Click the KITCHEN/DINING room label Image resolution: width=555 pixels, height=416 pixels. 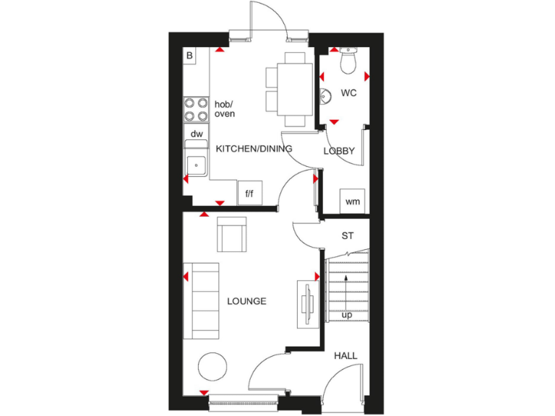pos(254,149)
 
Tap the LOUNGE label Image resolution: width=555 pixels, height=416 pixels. pos(246,301)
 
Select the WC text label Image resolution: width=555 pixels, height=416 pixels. pos(349,93)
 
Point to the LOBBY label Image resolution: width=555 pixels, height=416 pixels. pos(339,151)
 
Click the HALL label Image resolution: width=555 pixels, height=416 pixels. pos(345,356)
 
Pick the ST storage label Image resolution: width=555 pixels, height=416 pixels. pos(348,236)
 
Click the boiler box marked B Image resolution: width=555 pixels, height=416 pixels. pos(190,56)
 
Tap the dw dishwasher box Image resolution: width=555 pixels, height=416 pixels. pos(196,134)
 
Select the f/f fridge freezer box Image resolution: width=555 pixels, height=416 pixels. pos(249,193)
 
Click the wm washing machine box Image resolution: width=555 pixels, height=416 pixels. pos(352,201)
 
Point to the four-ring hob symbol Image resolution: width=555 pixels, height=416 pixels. pos(196,109)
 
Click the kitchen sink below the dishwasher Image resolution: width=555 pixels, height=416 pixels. pos(196,165)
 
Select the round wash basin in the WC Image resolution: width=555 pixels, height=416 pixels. pos(325,95)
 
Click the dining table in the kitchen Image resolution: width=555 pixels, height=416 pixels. pos(293,88)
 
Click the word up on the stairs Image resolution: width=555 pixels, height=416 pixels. pos(348,316)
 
